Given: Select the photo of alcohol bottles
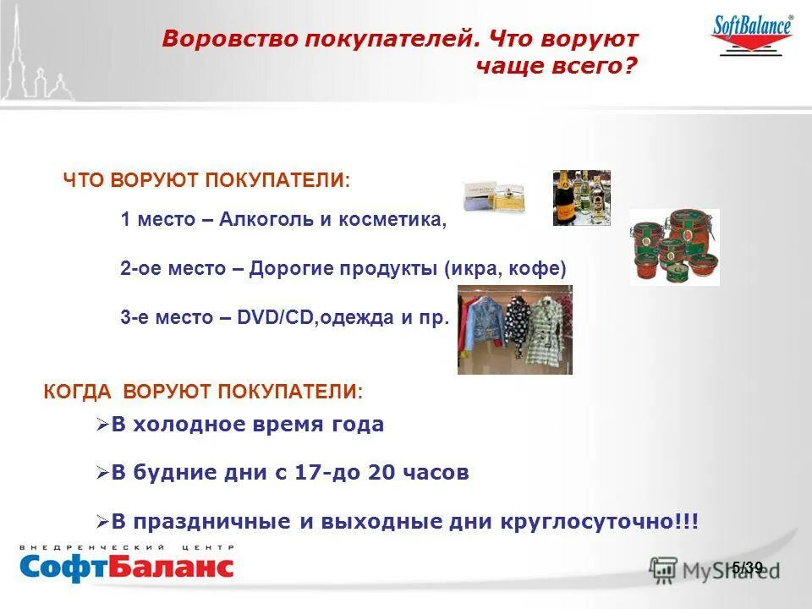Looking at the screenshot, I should coord(581,198).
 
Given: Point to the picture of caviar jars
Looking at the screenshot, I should coord(674,247).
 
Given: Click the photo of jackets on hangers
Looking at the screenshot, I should coord(514,330).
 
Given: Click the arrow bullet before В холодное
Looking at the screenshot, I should coord(103,425).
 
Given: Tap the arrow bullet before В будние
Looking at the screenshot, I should coord(103,473).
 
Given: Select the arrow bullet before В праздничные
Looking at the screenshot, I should coord(103,521).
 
